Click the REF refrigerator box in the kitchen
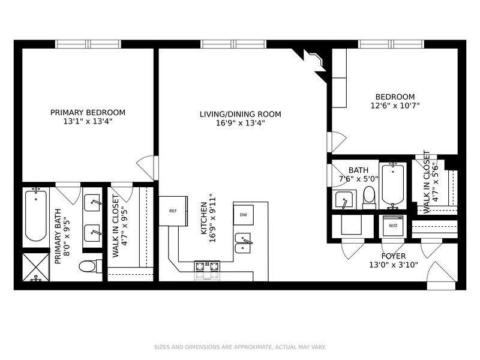(173, 211)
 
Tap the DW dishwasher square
(243, 214)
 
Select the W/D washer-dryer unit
(393, 226)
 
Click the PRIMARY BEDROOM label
(88, 112)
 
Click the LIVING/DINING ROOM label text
(240, 114)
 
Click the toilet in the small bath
(369, 196)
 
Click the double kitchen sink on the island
(244, 242)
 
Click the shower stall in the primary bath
(35, 267)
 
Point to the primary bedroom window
(88, 44)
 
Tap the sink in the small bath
(344, 200)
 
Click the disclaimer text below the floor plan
(240, 347)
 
